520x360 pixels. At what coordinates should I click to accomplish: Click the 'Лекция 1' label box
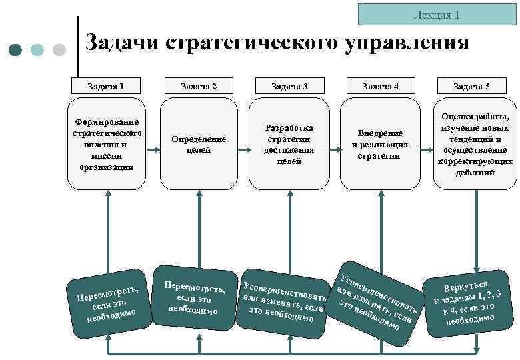(436, 14)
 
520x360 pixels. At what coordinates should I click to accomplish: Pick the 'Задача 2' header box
(199, 86)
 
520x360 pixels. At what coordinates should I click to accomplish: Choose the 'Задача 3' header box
(289, 86)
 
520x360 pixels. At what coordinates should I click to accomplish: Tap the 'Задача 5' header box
(471, 86)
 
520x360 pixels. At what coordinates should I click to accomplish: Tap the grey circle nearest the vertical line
(59, 49)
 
